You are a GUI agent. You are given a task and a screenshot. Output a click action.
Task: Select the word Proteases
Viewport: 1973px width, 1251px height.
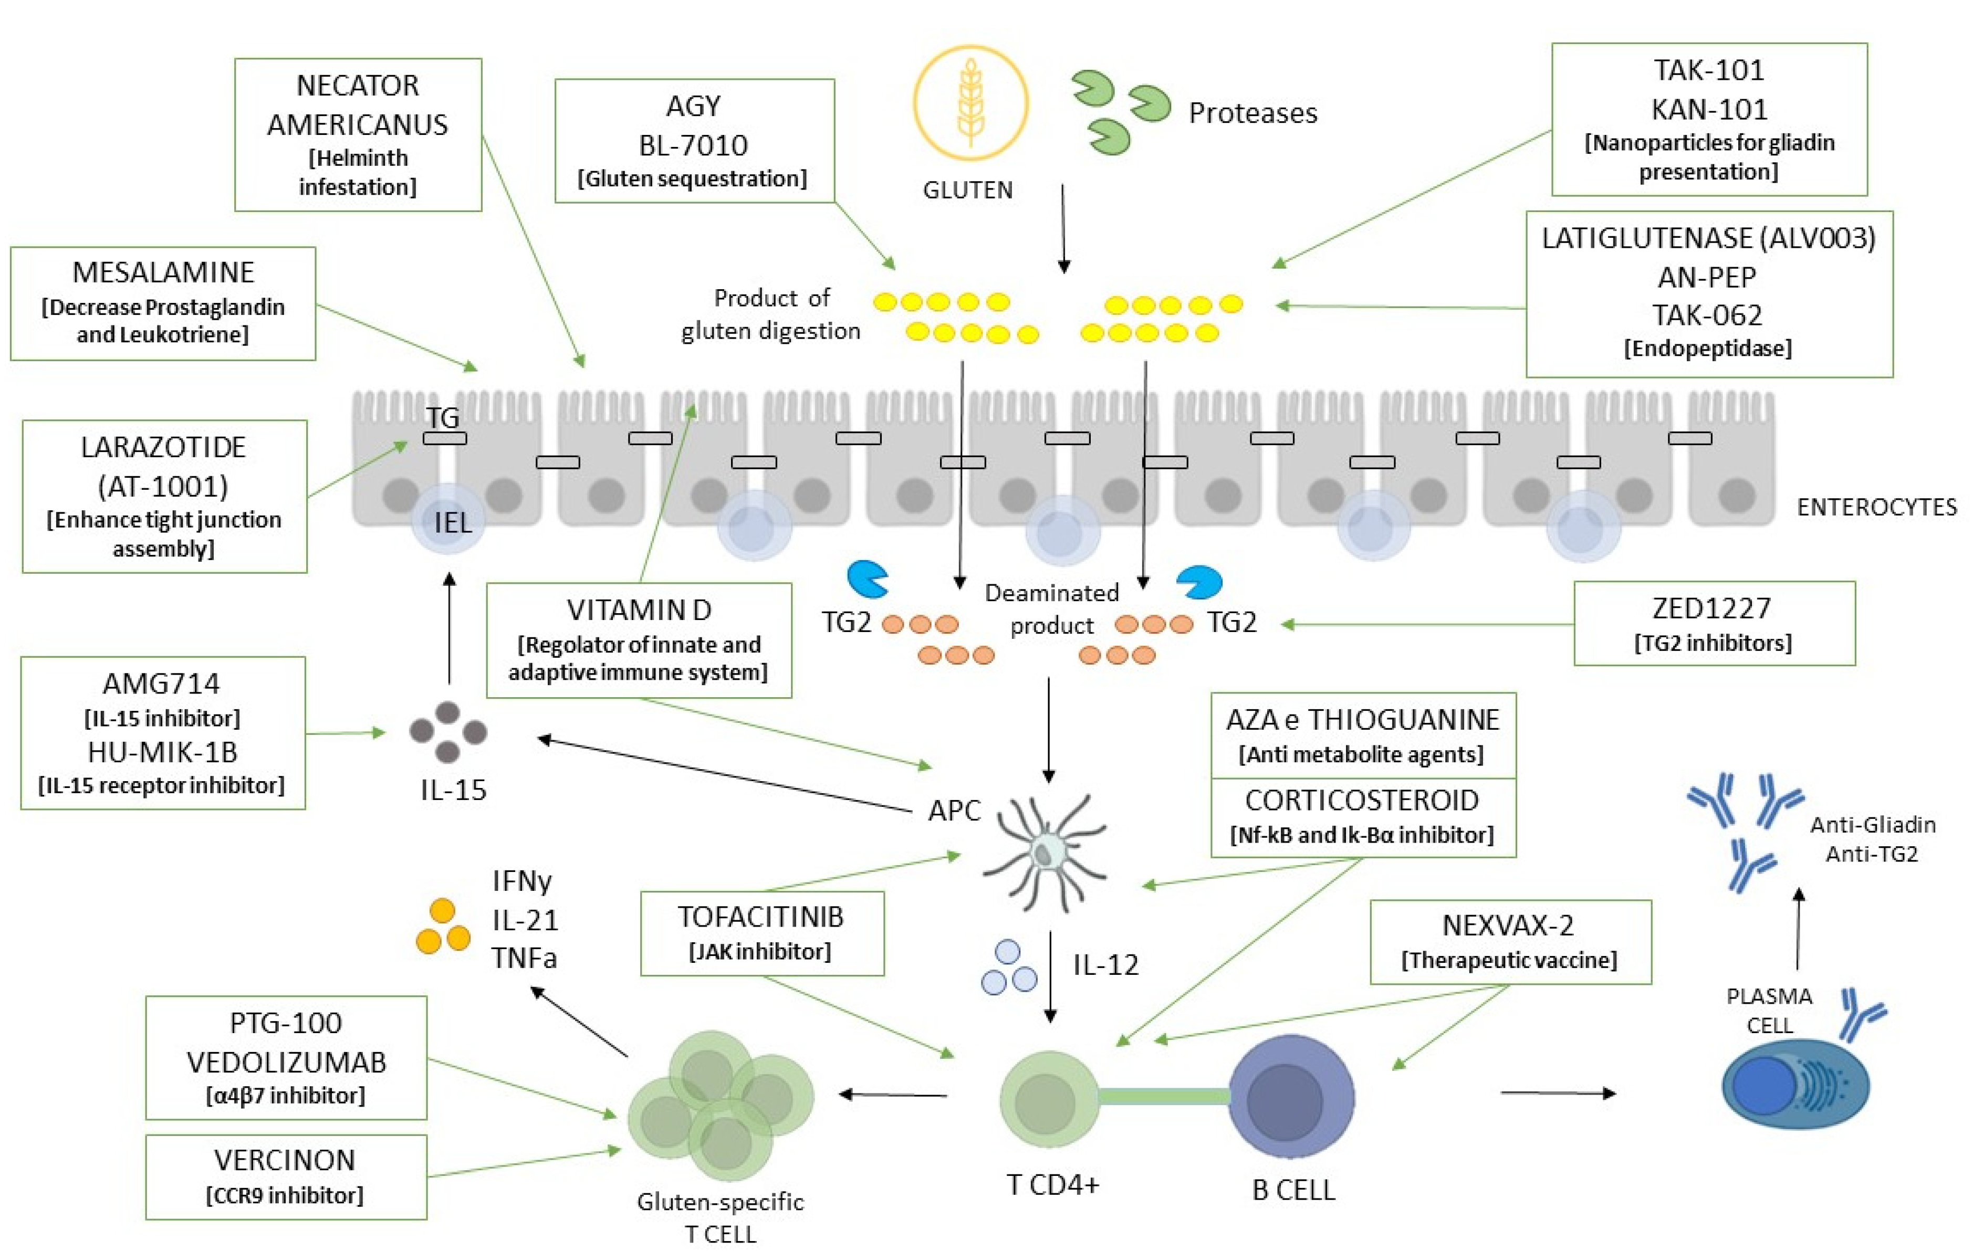click(1253, 112)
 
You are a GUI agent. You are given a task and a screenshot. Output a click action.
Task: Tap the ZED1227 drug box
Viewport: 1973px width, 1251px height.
click(1714, 624)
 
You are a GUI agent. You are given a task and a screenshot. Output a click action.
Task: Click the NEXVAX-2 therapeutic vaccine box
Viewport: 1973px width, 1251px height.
click(1510, 941)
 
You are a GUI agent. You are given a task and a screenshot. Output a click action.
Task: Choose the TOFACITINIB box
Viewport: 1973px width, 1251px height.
click(762, 933)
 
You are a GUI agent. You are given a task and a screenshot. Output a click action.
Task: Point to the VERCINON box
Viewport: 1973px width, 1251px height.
click(286, 1176)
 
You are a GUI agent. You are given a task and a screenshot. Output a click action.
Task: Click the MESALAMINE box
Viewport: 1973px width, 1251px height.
click(163, 303)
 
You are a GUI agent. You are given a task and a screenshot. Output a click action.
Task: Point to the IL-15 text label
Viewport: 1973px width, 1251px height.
click(453, 790)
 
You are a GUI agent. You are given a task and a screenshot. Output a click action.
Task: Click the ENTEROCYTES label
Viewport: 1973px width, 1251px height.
click(1877, 507)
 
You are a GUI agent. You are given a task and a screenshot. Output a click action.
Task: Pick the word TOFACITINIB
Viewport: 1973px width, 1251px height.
click(760, 917)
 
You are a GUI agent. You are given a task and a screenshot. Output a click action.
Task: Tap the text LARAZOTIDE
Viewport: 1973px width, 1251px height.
click(163, 447)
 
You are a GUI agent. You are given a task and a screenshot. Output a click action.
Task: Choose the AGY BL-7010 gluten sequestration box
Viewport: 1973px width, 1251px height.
click(695, 140)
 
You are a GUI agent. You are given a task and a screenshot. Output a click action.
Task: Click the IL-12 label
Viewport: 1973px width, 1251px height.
click(1106, 965)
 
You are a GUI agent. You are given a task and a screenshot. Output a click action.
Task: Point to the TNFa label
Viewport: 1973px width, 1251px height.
click(525, 958)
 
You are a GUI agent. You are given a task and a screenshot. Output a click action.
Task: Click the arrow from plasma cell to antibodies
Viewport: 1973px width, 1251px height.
click(1799, 929)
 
